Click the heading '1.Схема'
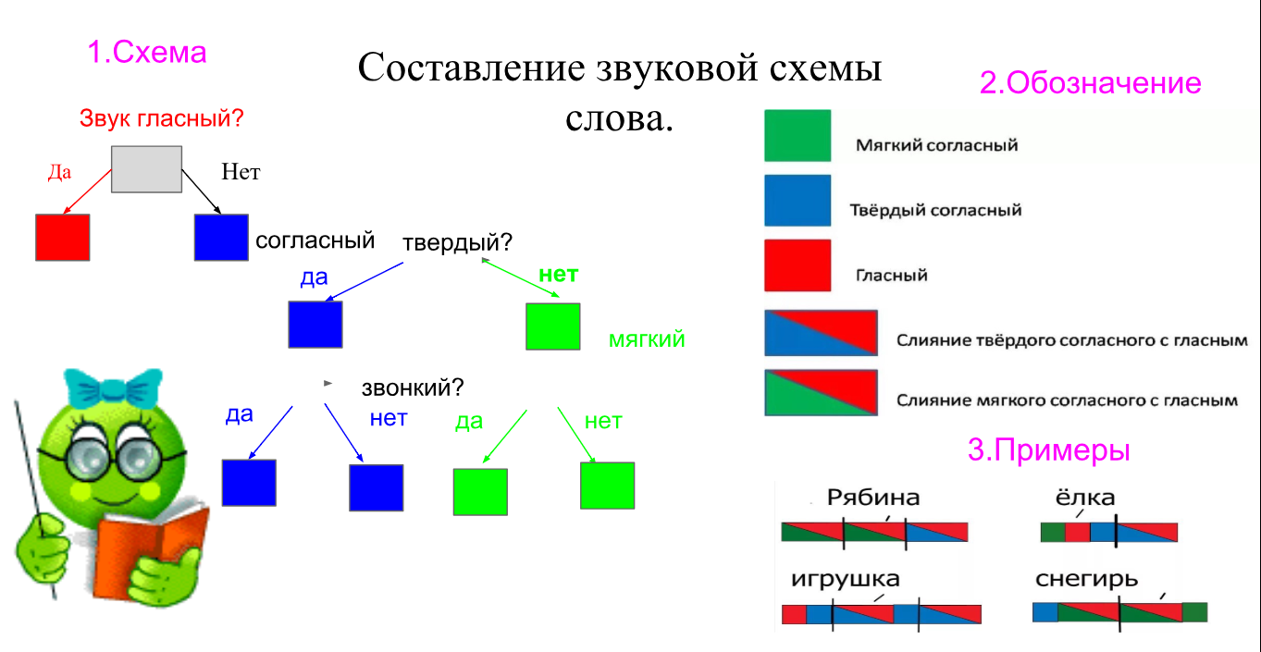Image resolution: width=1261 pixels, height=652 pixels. pos(147,53)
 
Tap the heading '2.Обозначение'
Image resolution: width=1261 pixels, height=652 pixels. pos(1090,83)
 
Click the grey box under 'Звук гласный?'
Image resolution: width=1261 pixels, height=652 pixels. pos(146,169)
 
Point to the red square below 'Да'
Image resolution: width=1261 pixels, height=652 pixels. pos(62,237)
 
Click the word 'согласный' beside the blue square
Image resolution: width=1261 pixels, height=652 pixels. pos(315,240)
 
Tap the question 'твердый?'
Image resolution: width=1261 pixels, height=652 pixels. pos(457,242)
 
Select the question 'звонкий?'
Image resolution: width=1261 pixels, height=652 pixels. pos(413,387)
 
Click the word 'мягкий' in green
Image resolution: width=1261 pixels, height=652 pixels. pos(647,338)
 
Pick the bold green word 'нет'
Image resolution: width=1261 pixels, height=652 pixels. pos(558,274)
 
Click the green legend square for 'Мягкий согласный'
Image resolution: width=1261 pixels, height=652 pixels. pos(797,136)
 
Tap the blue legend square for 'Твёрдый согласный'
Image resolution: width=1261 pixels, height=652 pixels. pos(797,201)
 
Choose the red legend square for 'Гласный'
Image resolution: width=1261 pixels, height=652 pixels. pos(797,265)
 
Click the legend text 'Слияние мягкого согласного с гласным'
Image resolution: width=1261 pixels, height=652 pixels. pos(1067,400)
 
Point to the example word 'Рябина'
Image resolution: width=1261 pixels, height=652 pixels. pos(873,498)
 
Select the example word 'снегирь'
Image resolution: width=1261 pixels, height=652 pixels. pos(1087,579)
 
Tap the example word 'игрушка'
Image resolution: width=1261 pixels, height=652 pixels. pos(845,579)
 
